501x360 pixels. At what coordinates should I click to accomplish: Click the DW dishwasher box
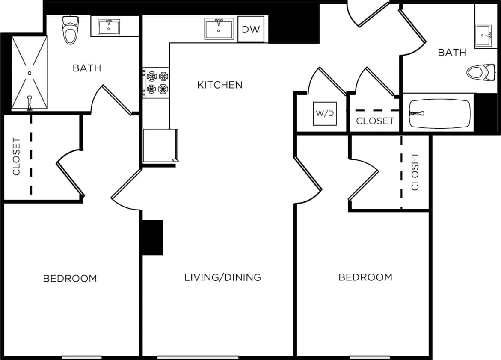pyautogui.click(x=251, y=29)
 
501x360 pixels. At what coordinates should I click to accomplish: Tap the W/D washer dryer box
pyautogui.click(x=325, y=114)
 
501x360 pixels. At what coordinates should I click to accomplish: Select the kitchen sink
pyautogui.click(x=219, y=29)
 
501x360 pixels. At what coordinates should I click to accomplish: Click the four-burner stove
pyautogui.click(x=157, y=83)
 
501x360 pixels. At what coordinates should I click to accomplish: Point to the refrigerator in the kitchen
pyautogui.click(x=160, y=146)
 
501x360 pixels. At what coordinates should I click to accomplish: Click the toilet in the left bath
pyautogui.click(x=70, y=30)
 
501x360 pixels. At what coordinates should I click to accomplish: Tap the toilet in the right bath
pyautogui.click(x=480, y=72)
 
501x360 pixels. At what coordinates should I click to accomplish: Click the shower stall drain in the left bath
pyautogui.click(x=30, y=73)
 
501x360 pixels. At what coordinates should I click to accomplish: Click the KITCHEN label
pyautogui.click(x=219, y=85)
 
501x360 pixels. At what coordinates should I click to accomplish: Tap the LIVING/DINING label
pyautogui.click(x=222, y=277)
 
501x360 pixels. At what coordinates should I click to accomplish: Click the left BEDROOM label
pyautogui.click(x=70, y=278)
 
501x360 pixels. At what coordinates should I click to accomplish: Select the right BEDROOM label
pyautogui.click(x=365, y=277)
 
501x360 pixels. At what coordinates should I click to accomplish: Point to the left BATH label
pyautogui.click(x=87, y=68)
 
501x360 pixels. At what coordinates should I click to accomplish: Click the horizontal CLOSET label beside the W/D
pyautogui.click(x=375, y=121)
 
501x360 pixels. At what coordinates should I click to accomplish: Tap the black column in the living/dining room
pyautogui.click(x=152, y=237)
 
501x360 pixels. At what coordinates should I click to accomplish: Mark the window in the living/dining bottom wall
pyautogui.click(x=198, y=357)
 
